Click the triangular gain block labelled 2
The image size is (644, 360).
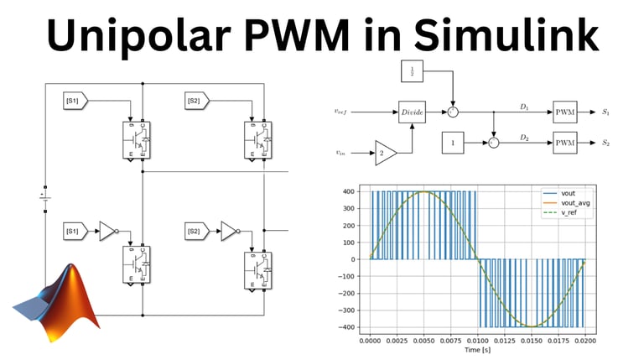[x=386, y=153]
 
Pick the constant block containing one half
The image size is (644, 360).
[x=413, y=73]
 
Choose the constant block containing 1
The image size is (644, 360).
[x=452, y=143]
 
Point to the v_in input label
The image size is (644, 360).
[x=344, y=153]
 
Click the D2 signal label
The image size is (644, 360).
[x=524, y=137]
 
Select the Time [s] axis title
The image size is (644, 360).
[x=478, y=351]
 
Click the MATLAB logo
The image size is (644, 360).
[x=56, y=297]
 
